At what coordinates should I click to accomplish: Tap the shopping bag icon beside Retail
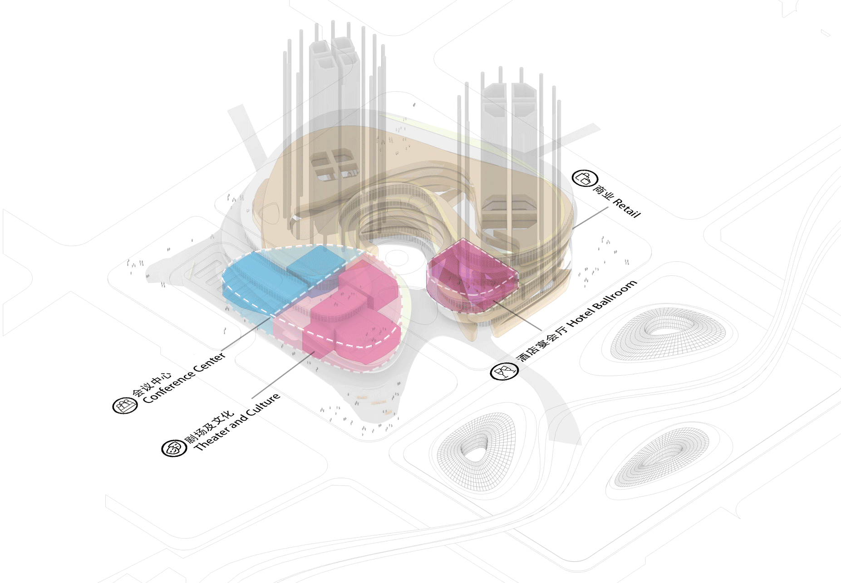click(x=585, y=178)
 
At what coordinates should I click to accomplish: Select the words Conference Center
click(x=184, y=378)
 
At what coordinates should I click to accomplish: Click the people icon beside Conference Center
click(x=125, y=405)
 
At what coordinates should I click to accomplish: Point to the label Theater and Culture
click(x=237, y=422)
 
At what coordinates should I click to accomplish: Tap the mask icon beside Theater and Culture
click(x=174, y=448)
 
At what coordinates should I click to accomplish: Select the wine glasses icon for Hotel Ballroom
click(x=504, y=372)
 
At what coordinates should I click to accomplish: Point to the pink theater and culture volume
click(x=349, y=313)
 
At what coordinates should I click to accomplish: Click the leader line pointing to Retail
click(x=590, y=218)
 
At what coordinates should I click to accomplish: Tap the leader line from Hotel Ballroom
click(x=517, y=315)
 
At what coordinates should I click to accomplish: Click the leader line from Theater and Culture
click(x=283, y=375)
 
